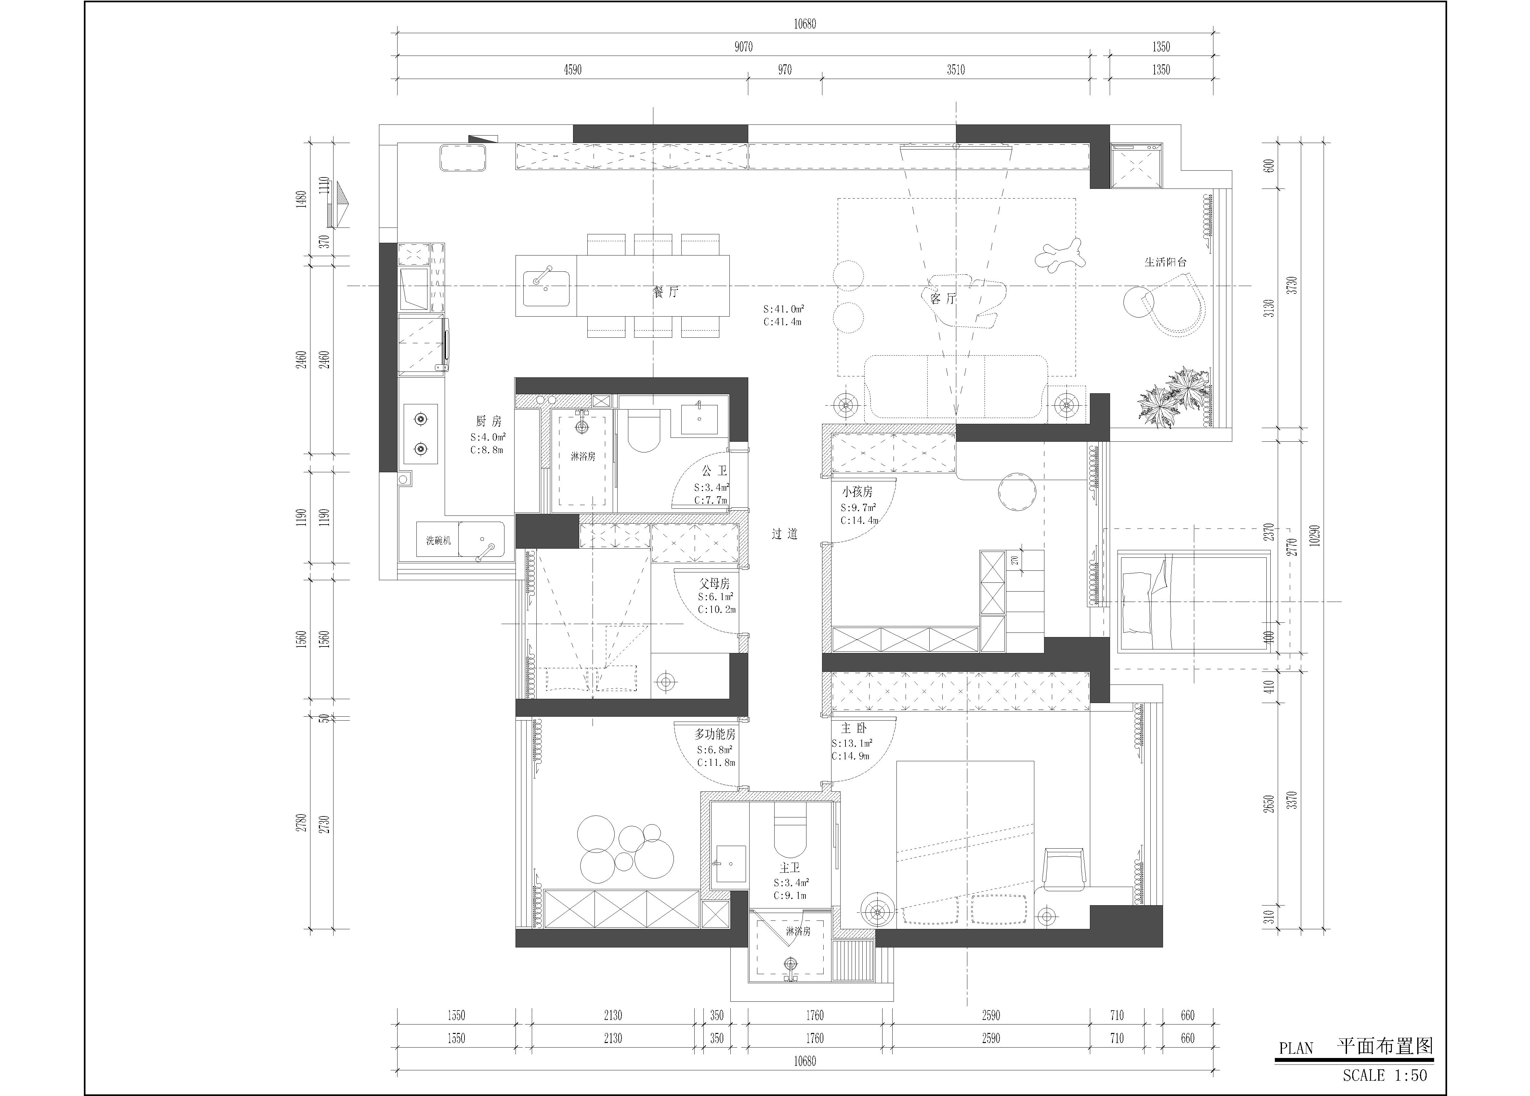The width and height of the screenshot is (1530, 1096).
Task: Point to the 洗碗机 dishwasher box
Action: [438, 540]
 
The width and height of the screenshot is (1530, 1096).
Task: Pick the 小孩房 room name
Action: [857, 492]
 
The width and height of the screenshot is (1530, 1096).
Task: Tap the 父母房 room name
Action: [714, 583]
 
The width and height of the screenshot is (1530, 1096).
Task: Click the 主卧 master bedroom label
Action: [853, 728]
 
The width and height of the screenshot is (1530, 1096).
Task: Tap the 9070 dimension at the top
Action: [743, 46]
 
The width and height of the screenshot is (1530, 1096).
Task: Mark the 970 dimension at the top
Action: [785, 70]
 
